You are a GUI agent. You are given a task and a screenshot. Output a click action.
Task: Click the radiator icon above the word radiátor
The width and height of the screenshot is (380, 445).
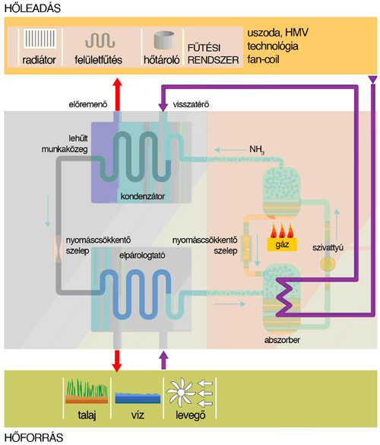40,38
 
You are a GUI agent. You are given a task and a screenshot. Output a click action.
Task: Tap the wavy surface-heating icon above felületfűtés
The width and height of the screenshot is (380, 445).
100,40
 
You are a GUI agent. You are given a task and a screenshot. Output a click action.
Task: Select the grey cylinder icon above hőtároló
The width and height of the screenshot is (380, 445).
163,40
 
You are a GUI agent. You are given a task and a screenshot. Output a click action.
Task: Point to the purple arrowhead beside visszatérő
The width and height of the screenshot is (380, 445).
163,107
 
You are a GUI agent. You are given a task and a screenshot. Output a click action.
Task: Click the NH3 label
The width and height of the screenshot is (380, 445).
257,149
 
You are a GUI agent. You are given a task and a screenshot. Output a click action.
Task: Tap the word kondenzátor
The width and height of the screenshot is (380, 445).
143,196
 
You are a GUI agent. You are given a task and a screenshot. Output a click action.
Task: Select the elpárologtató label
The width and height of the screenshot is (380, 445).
142,256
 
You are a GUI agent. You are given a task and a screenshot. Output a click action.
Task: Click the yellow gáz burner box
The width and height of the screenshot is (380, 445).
282,244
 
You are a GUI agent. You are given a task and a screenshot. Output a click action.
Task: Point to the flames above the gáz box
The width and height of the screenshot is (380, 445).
282,230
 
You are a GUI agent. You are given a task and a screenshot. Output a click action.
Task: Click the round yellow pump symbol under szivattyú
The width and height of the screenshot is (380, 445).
328,264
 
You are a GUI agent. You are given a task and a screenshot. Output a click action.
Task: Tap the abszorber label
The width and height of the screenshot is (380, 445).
282,340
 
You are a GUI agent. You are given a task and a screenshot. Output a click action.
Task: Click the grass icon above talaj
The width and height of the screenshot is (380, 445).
87,391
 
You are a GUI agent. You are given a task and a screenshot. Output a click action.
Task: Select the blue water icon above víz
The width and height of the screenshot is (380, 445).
138,398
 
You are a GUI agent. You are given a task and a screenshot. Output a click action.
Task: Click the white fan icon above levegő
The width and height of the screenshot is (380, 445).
180,393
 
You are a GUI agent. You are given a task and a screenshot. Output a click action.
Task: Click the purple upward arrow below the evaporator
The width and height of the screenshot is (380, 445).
163,360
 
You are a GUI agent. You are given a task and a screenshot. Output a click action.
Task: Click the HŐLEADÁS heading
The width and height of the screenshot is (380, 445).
33,8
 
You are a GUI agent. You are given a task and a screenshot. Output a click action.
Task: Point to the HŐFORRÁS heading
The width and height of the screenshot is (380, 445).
33,437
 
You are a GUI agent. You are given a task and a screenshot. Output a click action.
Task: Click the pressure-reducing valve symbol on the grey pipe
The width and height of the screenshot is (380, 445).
59,249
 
